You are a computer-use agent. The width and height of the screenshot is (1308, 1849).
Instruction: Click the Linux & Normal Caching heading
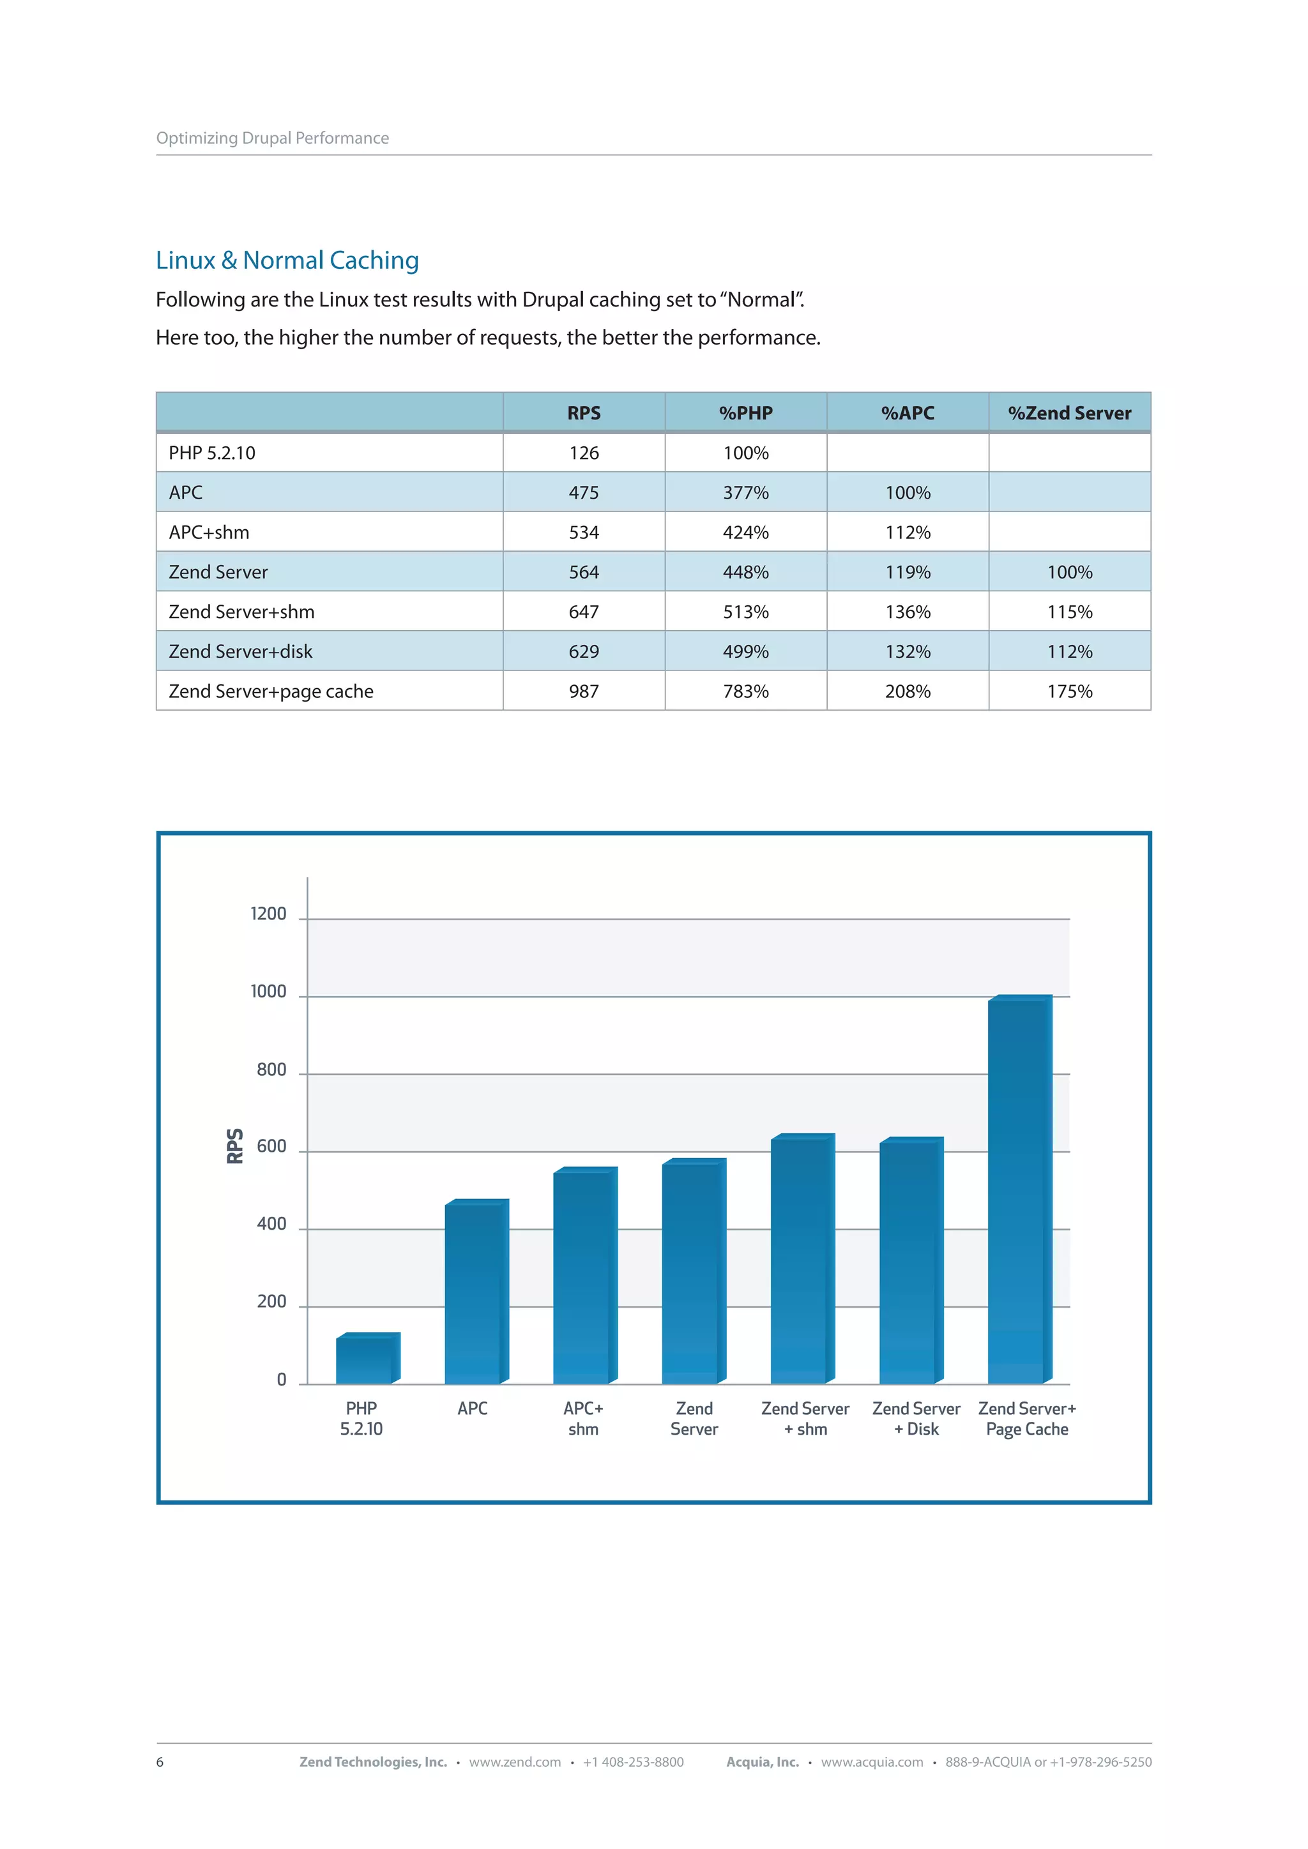coord(287,260)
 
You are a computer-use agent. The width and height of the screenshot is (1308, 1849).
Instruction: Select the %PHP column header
coord(745,413)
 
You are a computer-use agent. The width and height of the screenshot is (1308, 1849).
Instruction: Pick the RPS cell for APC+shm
coord(583,532)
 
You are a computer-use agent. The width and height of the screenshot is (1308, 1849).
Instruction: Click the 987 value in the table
coord(583,691)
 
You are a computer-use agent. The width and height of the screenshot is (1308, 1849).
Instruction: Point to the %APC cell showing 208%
coord(907,691)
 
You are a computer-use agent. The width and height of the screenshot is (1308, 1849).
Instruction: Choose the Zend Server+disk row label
coord(240,651)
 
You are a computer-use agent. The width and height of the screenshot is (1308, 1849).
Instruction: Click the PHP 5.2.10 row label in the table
coord(212,453)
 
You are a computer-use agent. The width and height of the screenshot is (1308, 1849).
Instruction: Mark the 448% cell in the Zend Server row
coord(745,572)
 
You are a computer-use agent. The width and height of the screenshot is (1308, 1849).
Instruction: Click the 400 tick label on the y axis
coord(271,1223)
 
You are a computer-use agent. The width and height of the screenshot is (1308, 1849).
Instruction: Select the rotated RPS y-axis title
coord(234,1145)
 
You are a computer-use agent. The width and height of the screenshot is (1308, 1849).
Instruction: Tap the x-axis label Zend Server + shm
coord(805,1418)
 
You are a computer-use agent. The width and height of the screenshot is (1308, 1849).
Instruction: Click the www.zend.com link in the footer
coord(515,1762)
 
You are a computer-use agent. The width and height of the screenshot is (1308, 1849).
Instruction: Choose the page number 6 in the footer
coord(160,1762)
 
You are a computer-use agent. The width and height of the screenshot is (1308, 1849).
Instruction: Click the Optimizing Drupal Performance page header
coord(272,138)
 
